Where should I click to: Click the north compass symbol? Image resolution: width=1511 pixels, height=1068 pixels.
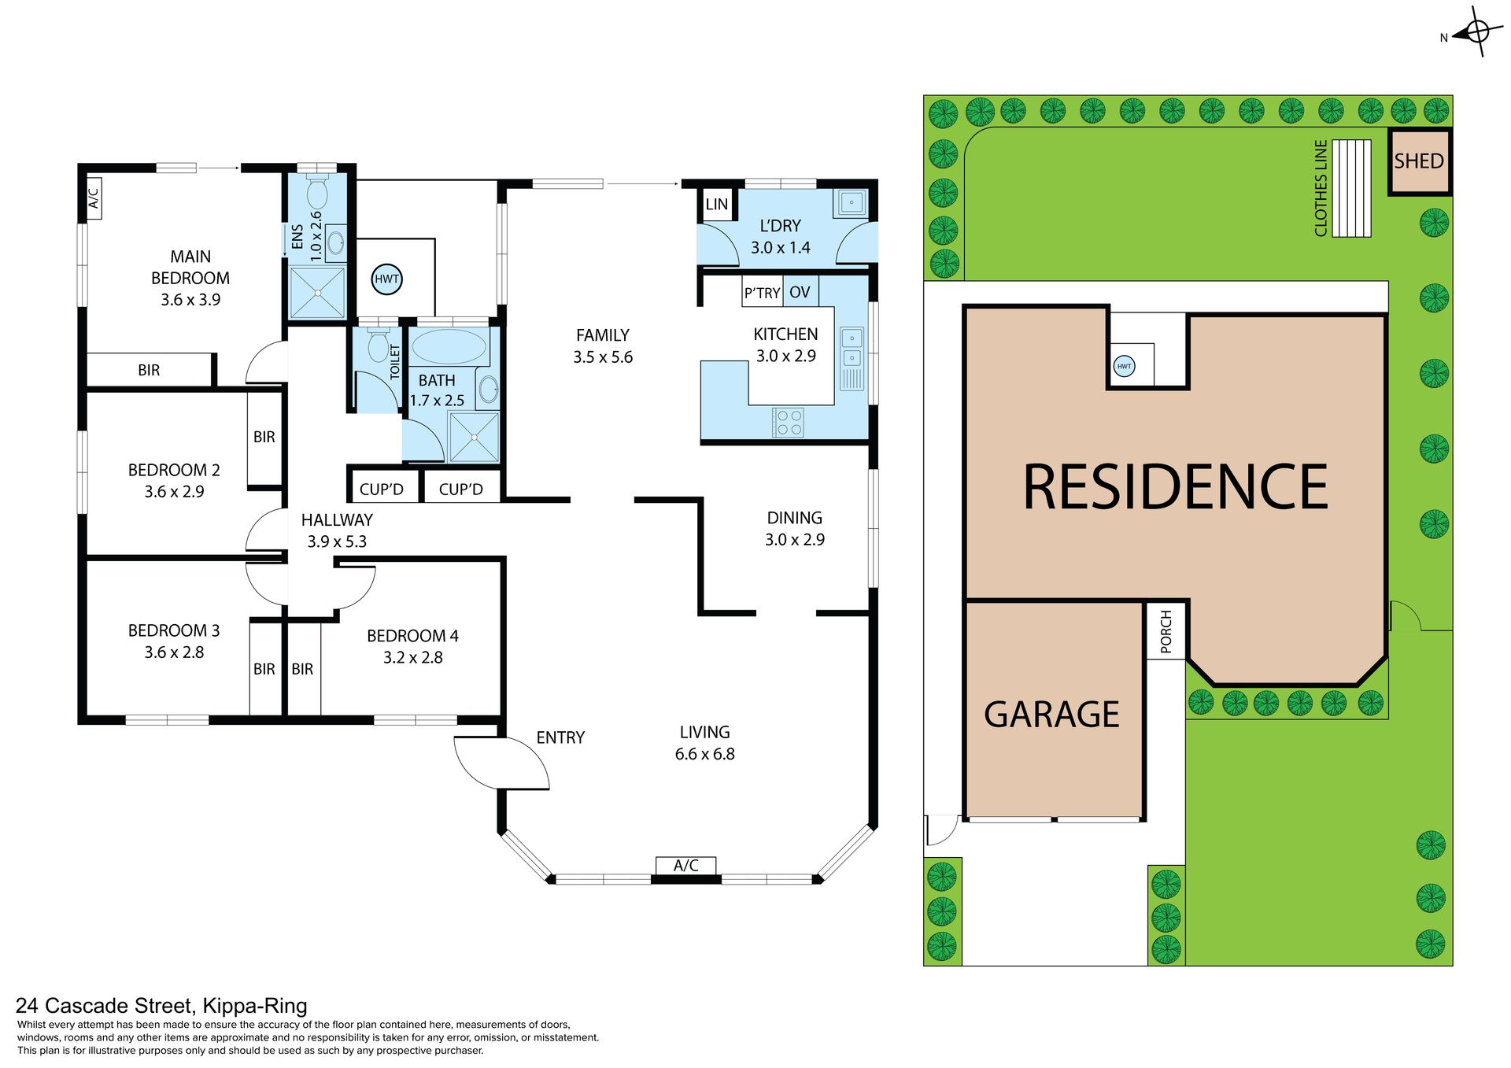pos(1476,33)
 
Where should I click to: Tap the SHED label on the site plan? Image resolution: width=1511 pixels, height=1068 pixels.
pos(1418,161)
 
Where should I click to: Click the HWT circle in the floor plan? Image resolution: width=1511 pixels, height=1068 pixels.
pos(386,279)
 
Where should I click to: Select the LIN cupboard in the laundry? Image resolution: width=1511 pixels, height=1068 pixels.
pos(717,205)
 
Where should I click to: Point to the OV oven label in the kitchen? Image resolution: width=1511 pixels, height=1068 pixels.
pos(800,293)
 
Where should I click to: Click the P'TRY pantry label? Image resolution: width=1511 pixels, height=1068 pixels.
pos(762,293)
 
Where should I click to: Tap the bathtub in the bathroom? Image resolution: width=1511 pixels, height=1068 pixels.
pos(449,346)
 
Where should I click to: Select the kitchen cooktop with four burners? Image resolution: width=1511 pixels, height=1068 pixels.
pos(788,422)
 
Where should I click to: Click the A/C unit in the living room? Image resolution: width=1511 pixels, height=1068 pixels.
pos(686,866)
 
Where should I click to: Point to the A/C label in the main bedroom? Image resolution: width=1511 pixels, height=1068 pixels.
pos(94,198)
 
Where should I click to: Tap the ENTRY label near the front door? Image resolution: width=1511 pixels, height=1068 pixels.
pos(560,737)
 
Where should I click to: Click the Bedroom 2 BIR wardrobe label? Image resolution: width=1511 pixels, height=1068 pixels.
pos(264,437)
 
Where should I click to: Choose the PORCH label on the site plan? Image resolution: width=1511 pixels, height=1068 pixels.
pos(1166,631)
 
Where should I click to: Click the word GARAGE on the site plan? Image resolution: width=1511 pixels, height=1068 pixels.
pos(1051,715)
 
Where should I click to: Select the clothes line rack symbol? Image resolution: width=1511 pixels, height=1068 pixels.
pos(1351,188)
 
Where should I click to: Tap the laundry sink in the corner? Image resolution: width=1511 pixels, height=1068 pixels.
pos(851,203)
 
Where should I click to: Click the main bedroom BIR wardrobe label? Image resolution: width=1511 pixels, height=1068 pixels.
pos(149,370)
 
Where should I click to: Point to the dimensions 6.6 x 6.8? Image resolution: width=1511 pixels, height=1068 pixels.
pos(704,754)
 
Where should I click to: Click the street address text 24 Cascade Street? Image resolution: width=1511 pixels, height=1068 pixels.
pos(104,1006)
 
